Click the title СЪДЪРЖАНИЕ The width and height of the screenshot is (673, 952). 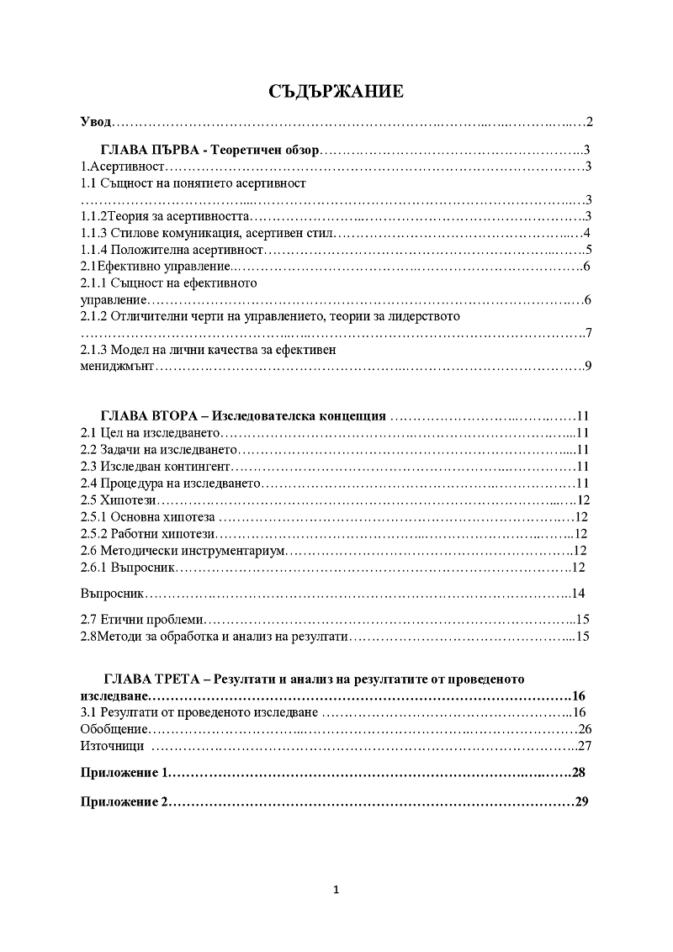click(x=336, y=92)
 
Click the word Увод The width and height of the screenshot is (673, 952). click(x=95, y=123)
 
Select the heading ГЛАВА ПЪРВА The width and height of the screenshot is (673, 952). click(x=151, y=150)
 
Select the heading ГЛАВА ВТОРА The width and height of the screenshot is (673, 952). click(x=151, y=416)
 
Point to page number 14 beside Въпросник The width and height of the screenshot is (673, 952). click(x=578, y=595)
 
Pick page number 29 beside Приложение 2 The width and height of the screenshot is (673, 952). click(x=580, y=801)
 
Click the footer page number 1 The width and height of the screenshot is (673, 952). click(x=336, y=891)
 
